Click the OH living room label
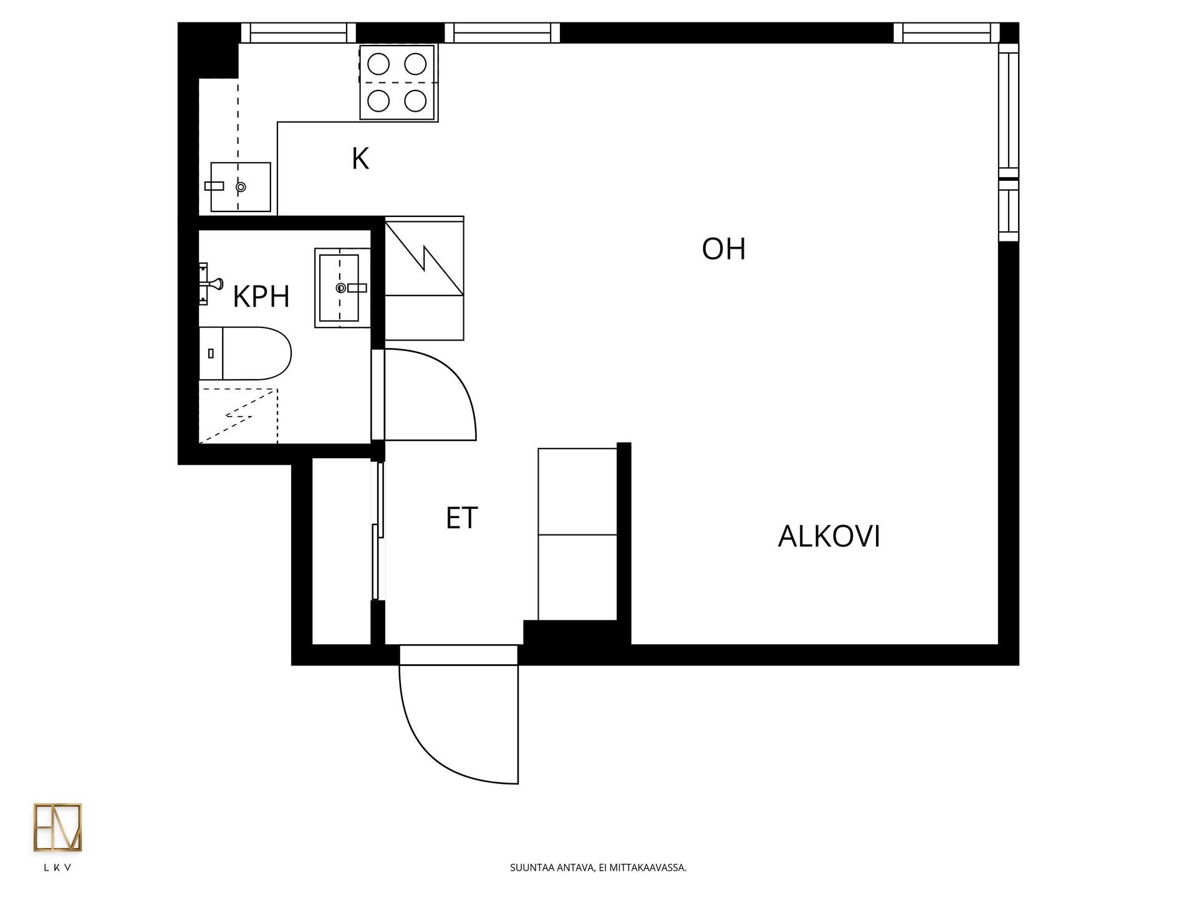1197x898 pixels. click(x=723, y=249)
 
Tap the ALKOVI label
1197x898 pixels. click(x=829, y=536)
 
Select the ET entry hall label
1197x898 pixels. click(x=462, y=518)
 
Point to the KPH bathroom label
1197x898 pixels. click(x=261, y=297)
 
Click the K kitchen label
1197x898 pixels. click(x=360, y=159)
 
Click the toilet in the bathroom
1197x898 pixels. click(x=245, y=354)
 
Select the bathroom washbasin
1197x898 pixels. click(x=342, y=288)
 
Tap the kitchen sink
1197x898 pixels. click(x=240, y=186)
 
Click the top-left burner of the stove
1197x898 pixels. click(x=378, y=64)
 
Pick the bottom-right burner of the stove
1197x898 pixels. click(x=415, y=100)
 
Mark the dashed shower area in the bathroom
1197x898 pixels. click(x=238, y=415)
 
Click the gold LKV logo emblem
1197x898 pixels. click(x=57, y=828)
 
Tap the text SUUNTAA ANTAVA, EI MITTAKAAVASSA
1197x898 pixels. click(x=598, y=867)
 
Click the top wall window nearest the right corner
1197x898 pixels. click(x=946, y=32)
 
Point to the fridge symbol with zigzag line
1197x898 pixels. click(x=424, y=278)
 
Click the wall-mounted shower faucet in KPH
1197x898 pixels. click(x=210, y=284)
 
